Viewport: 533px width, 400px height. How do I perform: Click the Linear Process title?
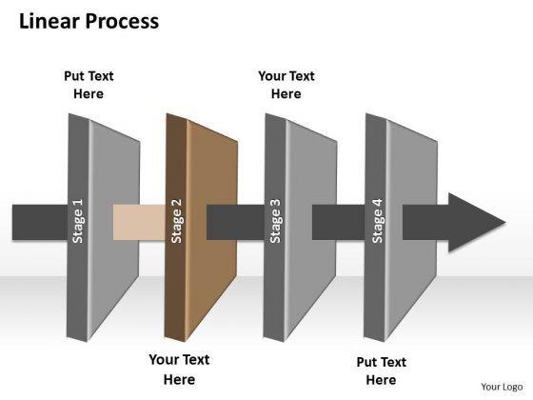click(x=89, y=22)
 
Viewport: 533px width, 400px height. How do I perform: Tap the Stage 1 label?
click(x=78, y=221)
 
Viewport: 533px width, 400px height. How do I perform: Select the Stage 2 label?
click(x=176, y=221)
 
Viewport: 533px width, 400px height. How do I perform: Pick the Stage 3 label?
click(x=275, y=221)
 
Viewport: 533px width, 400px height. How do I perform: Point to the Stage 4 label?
click(x=377, y=221)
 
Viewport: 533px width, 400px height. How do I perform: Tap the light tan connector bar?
click(x=139, y=222)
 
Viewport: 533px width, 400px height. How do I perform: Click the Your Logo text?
click(x=502, y=387)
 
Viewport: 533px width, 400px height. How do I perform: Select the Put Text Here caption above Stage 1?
click(x=89, y=85)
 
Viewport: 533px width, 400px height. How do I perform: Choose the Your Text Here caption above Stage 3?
click(x=286, y=85)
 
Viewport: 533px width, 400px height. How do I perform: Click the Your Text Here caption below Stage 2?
click(x=179, y=370)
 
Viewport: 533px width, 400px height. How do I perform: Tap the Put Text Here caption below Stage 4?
click(x=381, y=370)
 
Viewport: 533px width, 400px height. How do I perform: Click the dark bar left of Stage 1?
click(x=40, y=222)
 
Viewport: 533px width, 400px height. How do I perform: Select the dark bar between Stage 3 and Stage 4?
click(x=339, y=222)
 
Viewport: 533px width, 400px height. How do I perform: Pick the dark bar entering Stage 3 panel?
click(x=236, y=222)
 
